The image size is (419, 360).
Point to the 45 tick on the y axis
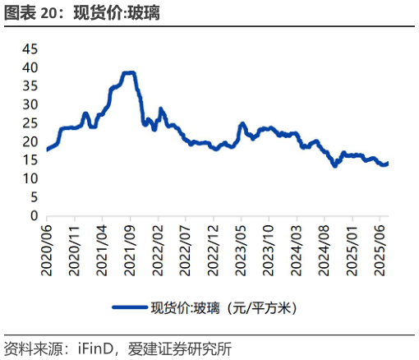coord(30,49)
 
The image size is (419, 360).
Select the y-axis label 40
coord(30,67)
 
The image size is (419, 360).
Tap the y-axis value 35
coord(30,86)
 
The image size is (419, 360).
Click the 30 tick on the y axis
coord(30,104)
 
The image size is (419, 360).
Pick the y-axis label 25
coord(30,123)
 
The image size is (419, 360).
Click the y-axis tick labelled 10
coord(30,178)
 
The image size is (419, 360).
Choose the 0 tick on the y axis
coord(34,215)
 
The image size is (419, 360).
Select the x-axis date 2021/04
coord(102,245)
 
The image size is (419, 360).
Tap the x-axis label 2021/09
coord(130,245)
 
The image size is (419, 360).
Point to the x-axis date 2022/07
coord(186,245)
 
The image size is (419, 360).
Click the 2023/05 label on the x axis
coord(242,245)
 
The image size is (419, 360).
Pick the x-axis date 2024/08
coord(325,245)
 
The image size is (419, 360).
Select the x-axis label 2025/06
coord(381,245)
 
